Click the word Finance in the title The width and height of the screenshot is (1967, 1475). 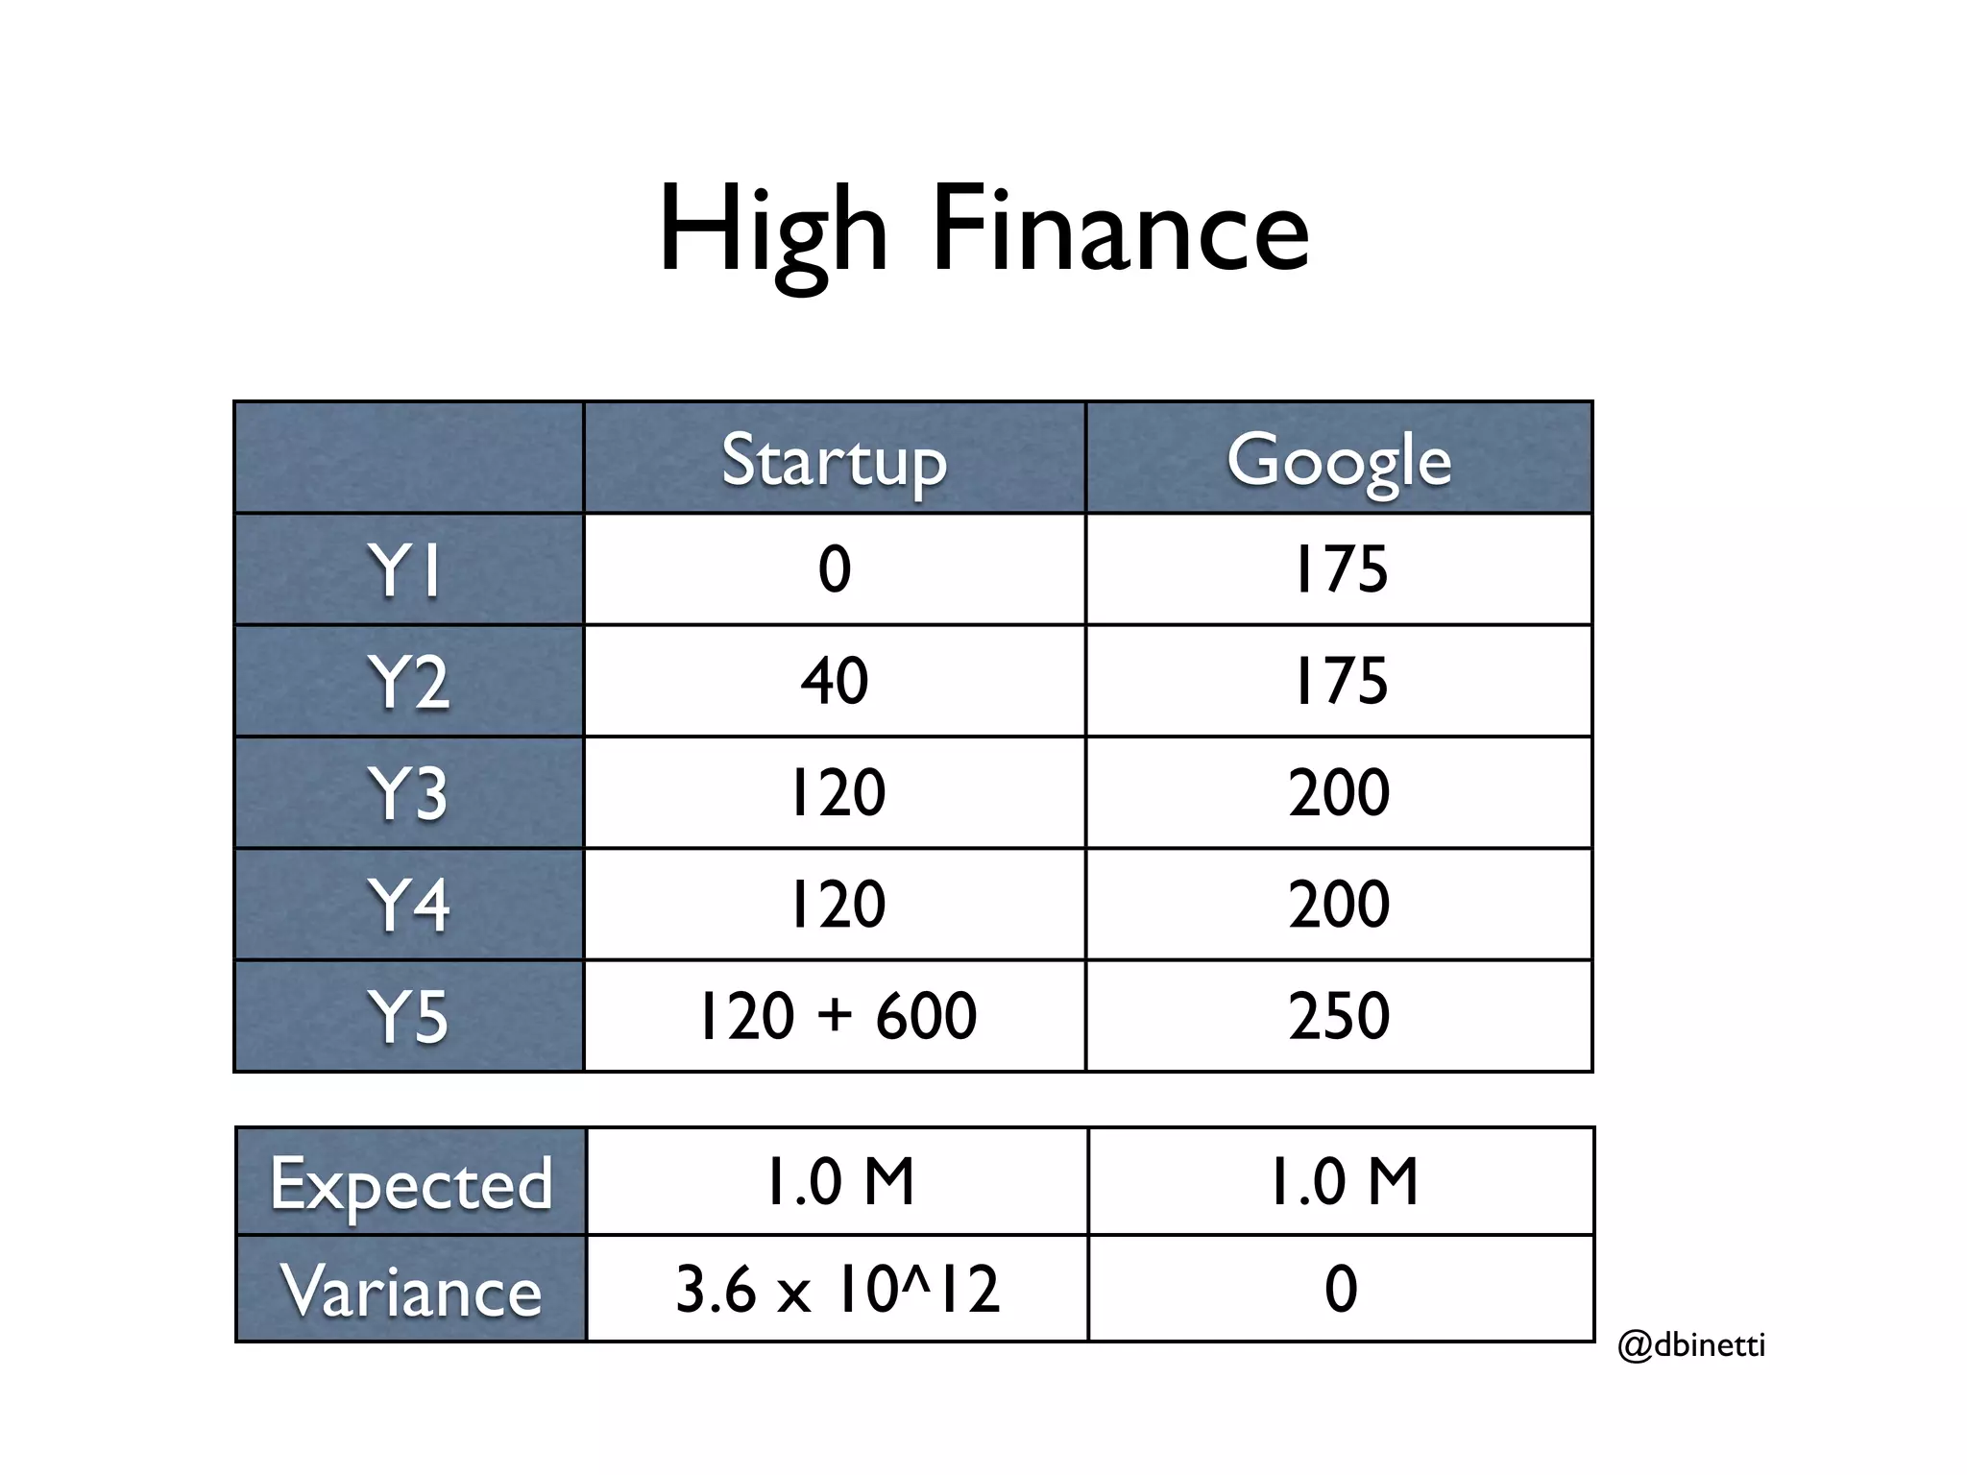click(1120, 230)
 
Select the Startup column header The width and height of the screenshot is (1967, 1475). click(834, 461)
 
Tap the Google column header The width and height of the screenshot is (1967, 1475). click(1339, 461)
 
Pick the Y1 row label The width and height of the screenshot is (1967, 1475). click(405, 570)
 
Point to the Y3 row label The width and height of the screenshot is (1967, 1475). click(407, 793)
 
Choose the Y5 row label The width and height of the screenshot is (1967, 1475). click(407, 1016)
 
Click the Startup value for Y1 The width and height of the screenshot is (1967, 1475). click(834, 568)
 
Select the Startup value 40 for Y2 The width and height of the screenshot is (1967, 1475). click(834, 681)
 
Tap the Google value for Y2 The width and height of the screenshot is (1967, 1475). click(1340, 681)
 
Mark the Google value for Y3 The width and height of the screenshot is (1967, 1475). click(1339, 793)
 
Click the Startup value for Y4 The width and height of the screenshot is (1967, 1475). click(836, 905)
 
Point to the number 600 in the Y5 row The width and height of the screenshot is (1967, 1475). click(926, 1016)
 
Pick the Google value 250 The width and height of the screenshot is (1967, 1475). click(1339, 1016)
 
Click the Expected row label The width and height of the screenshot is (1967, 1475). click(411, 1183)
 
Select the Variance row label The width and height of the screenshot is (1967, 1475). click(411, 1291)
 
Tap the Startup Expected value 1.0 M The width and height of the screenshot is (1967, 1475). click(838, 1181)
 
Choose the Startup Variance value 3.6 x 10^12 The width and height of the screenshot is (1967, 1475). click(838, 1289)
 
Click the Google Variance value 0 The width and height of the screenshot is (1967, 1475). click(1341, 1289)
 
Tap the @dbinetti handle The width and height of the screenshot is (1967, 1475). click(1690, 1344)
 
